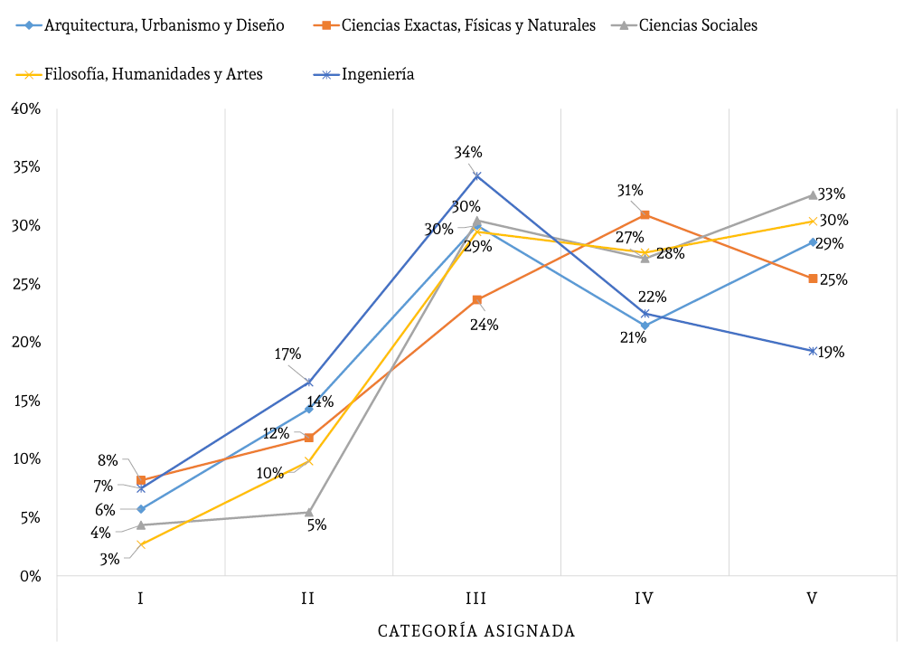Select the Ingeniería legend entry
378,74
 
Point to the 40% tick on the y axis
24,109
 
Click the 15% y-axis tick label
24,401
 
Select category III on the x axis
476,599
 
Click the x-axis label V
812,599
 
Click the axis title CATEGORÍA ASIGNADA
476,630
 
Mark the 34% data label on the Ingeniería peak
468,152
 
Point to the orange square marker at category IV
645,214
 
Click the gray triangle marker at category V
813,194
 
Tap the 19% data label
831,352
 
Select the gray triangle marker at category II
308,512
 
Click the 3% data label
109,559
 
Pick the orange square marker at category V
813,279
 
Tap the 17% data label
287,354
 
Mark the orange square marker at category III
476,299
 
